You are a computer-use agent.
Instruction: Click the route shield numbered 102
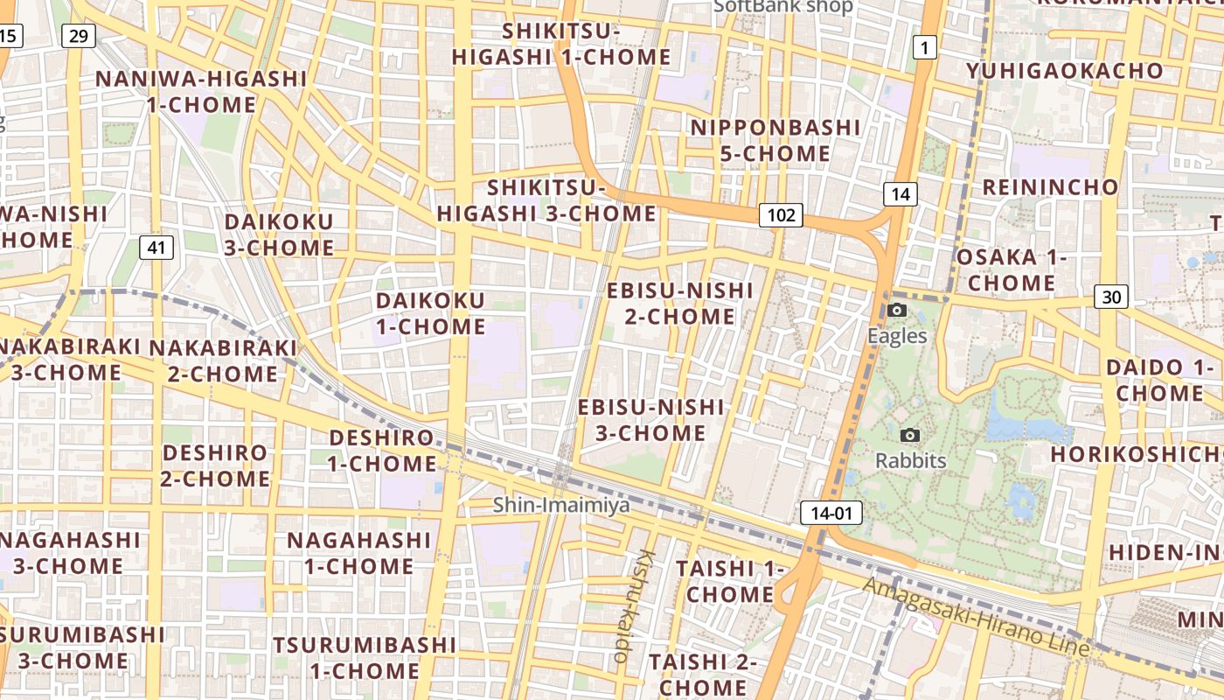(x=781, y=215)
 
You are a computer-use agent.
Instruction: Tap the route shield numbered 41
(x=156, y=248)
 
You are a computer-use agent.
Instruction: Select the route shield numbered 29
(x=79, y=36)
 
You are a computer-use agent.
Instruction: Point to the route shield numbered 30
(x=1110, y=297)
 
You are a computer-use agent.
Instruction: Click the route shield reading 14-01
(x=831, y=513)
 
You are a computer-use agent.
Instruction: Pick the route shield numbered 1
(x=924, y=47)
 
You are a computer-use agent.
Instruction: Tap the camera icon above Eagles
(x=896, y=310)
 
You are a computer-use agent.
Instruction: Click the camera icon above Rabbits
(x=910, y=435)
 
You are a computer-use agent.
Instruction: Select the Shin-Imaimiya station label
(x=560, y=505)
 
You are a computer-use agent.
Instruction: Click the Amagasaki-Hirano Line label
(x=977, y=617)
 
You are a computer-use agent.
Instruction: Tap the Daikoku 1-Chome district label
(x=430, y=313)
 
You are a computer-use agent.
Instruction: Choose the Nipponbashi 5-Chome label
(x=775, y=140)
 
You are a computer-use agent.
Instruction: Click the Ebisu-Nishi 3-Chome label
(x=650, y=420)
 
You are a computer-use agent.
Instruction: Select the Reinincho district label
(x=1050, y=186)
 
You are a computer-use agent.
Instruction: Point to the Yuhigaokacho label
(x=1064, y=71)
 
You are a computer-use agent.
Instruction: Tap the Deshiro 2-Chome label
(x=215, y=465)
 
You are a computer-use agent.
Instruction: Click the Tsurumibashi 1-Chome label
(x=364, y=658)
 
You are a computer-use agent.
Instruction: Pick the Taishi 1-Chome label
(x=725, y=581)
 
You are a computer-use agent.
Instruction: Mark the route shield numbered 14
(x=901, y=194)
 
